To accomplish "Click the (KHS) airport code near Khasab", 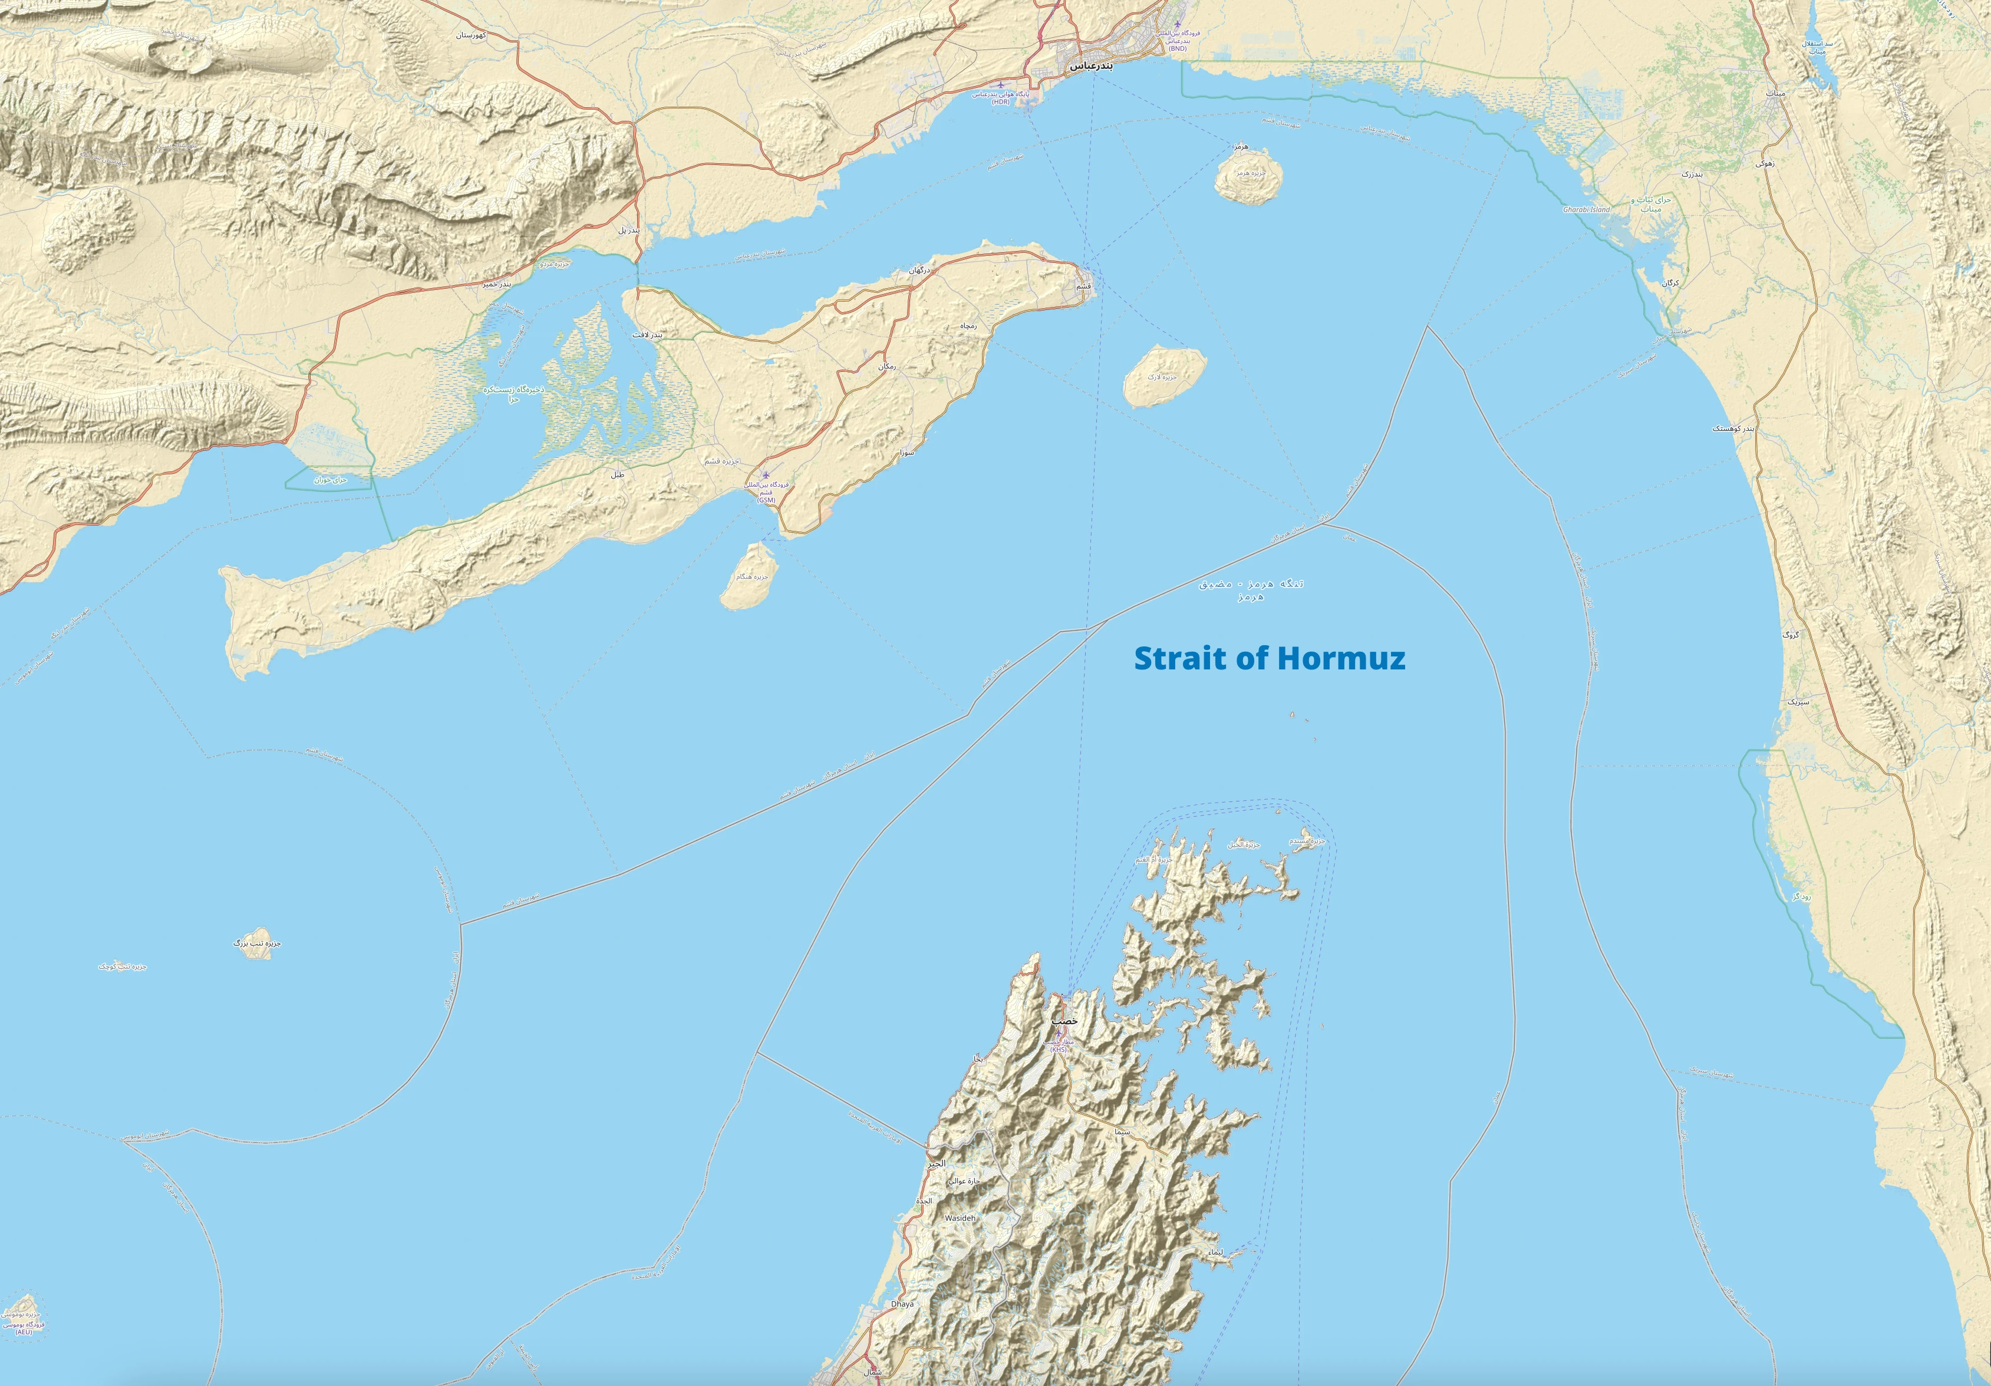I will tap(1059, 1050).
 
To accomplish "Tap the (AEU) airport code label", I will tap(24, 1332).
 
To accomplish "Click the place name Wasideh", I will tap(960, 1218).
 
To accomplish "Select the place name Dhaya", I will tap(902, 1303).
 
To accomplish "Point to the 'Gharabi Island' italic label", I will tap(1586, 210).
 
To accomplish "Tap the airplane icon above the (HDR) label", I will tap(1001, 85).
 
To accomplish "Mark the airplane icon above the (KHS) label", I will tap(1058, 1033).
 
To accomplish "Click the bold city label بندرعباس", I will tap(1089, 66).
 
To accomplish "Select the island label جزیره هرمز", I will tap(1246, 173).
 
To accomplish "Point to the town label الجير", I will tap(937, 1163).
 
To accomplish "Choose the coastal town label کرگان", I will tap(1670, 283).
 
